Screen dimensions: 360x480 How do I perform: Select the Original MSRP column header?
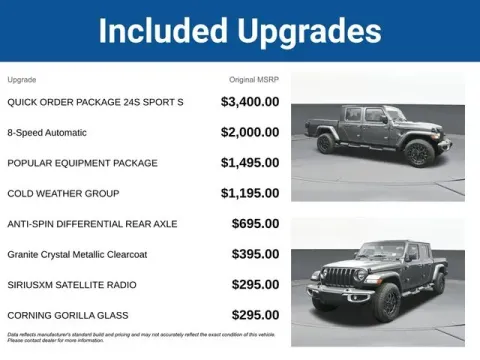click(254, 79)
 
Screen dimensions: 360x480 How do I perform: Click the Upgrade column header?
click(22, 79)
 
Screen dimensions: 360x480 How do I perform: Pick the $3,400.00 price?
click(250, 102)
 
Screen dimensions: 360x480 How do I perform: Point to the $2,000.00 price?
click(250, 132)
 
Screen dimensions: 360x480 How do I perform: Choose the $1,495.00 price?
click(250, 162)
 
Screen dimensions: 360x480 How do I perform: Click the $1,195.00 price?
click(250, 193)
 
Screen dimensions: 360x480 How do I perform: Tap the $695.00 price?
click(255, 223)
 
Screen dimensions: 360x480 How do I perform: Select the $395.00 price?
click(255, 254)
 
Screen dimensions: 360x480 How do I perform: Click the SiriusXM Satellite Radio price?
click(255, 284)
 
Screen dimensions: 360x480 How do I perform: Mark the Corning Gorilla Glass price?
click(255, 315)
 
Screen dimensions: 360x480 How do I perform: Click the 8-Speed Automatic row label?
click(47, 133)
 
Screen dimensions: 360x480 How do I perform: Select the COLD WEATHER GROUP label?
click(63, 193)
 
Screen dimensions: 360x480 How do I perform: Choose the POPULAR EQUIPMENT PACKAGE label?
click(82, 163)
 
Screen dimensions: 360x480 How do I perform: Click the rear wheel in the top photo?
click(325, 143)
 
